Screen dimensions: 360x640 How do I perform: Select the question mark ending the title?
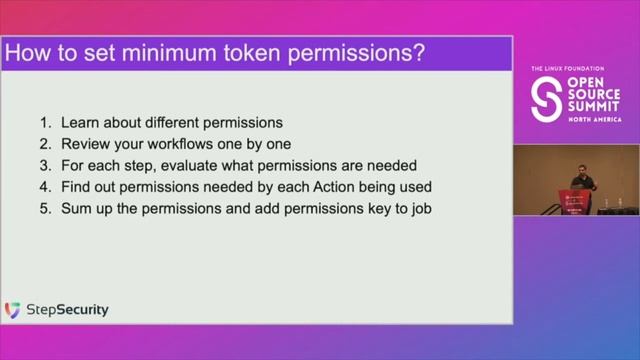tap(418, 54)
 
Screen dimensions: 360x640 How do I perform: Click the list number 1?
tap(44, 123)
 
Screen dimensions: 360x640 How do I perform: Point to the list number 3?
tap(44, 165)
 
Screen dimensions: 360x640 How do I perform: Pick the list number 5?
tap(44, 207)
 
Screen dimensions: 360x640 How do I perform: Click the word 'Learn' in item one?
tap(80, 123)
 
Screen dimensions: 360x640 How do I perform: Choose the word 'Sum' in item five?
tap(76, 207)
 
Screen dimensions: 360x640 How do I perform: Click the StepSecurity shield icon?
tap(13, 310)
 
